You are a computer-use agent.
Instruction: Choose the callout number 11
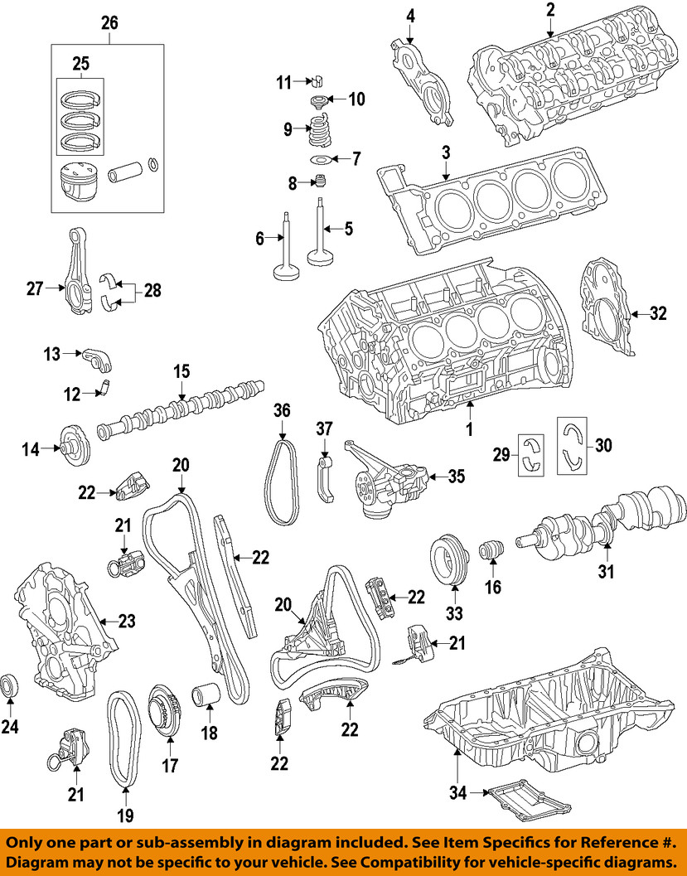[284, 82]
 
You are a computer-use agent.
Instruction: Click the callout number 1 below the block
[468, 430]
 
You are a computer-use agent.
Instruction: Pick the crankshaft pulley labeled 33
[452, 563]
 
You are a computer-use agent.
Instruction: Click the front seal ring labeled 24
[11, 686]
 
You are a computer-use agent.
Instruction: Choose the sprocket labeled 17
[162, 709]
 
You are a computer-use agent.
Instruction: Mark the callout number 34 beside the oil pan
[457, 792]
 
